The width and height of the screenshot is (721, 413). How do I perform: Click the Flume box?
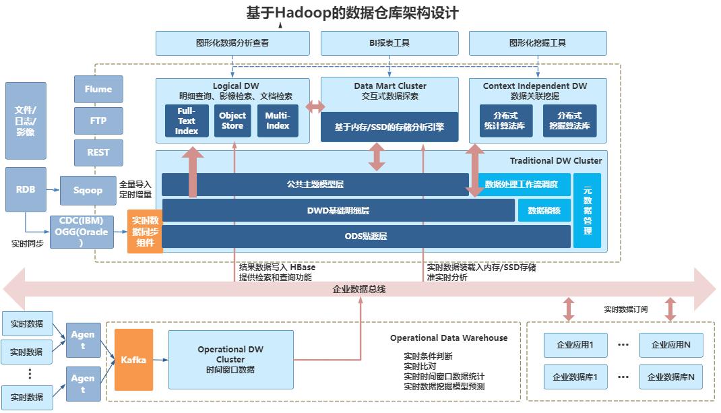click(98, 89)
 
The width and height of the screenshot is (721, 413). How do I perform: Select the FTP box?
click(98, 121)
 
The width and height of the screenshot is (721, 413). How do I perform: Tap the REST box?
click(98, 153)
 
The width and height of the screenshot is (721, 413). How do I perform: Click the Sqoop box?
click(88, 190)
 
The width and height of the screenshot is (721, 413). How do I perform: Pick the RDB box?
click(26, 189)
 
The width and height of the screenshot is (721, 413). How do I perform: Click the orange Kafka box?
click(133, 360)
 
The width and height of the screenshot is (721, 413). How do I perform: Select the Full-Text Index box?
click(187, 121)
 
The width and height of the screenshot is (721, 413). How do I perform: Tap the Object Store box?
click(232, 121)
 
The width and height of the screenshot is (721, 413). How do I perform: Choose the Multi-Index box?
click(278, 121)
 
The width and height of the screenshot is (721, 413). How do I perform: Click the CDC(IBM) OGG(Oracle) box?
click(82, 232)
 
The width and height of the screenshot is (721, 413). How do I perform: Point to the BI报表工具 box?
click(389, 43)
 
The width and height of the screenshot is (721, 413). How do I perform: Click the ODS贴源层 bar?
click(366, 236)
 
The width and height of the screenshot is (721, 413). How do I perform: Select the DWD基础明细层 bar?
click(338, 210)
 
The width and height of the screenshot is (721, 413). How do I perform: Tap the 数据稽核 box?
click(544, 210)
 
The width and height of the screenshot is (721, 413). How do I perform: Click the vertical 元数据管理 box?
click(587, 210)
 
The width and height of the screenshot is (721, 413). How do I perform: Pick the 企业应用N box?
click(670, 345)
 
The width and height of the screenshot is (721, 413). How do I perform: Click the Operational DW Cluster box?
click(230, 359)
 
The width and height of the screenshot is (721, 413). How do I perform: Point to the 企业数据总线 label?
click(359, 289)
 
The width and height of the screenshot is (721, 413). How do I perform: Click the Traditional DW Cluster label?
click(555, 161)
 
